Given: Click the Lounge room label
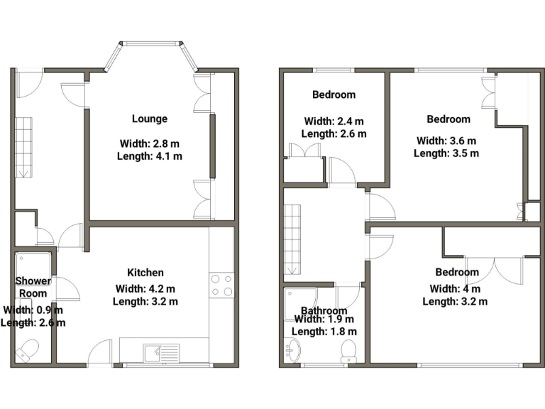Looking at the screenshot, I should click(150, 119).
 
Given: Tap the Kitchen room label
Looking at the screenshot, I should click(145, 273).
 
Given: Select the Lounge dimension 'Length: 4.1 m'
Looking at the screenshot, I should click(150, 156).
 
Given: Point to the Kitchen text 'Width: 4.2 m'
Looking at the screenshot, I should click(145, 288).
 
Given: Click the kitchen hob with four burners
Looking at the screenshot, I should click(221, 284).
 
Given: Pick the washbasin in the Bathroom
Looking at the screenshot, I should click(293, 349).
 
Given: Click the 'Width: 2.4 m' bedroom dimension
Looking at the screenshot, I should click(334, 121).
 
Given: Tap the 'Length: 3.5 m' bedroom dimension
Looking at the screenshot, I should click(446, 153).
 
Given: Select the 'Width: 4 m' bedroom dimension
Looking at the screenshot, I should click(456, 288).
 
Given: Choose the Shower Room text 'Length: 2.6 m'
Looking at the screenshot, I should click(33, 322).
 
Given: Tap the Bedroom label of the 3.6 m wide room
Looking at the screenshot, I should click(448, 119).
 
